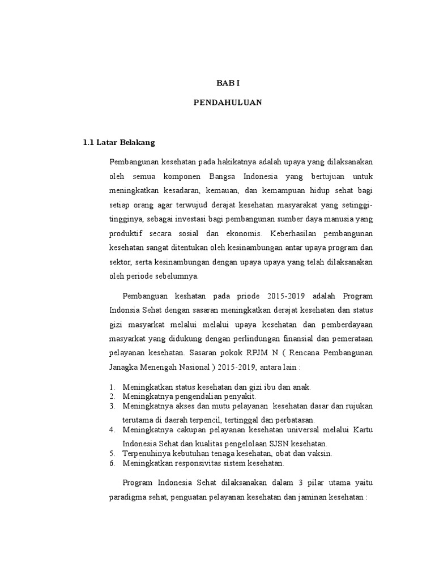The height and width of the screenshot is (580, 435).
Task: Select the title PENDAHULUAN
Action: (228, 103)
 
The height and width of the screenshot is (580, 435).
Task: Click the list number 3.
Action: (112, 406)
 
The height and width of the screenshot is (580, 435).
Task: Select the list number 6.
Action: (112, 463)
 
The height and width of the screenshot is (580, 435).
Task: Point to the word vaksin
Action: (320, 454)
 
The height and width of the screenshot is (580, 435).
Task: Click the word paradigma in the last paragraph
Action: (127, 497)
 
